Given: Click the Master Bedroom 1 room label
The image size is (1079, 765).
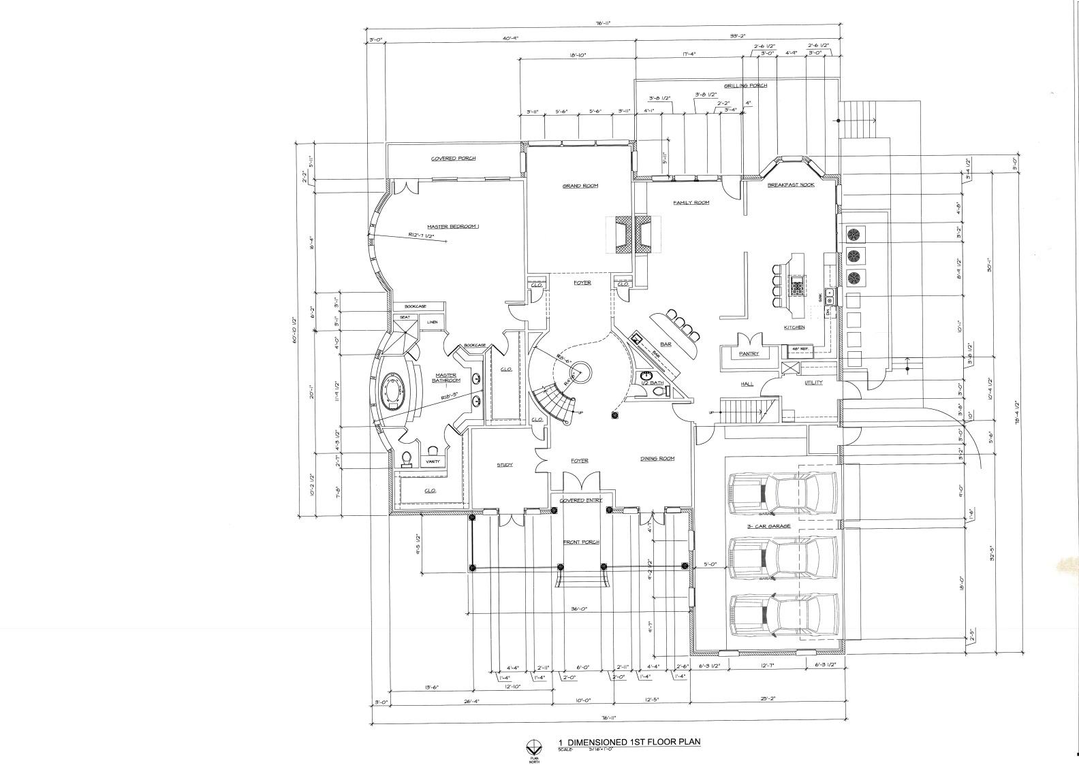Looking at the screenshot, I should pos(453,227).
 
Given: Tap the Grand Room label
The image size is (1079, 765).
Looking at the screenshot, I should pos(580,186).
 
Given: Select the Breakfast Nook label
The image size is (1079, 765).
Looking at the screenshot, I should pos(791,185).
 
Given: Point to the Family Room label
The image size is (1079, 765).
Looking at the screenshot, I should pos(691,203).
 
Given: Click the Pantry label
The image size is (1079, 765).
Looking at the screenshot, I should pos(749,354).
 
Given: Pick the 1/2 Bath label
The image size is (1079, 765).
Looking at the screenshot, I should pos(653,383).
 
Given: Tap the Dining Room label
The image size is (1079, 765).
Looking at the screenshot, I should pos(657,459).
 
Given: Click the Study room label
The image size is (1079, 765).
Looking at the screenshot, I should pos(504,465).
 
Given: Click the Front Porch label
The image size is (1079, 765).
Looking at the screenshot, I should pos(580,542).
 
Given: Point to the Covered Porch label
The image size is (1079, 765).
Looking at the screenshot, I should pos(453,159).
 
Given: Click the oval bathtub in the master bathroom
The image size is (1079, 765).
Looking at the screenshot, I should pos(393,393).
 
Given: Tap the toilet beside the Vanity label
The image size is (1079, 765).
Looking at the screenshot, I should pos(407,459).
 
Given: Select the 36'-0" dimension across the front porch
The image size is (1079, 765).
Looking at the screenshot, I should pos(580,609).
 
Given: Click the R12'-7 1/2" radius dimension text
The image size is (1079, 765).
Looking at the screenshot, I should pos(426,236).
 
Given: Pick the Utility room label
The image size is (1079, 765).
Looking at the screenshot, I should pos(813,382).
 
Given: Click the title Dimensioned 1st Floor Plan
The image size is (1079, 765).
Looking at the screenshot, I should pos(629,742).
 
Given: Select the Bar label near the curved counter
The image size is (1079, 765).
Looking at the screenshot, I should pos(666,344).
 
